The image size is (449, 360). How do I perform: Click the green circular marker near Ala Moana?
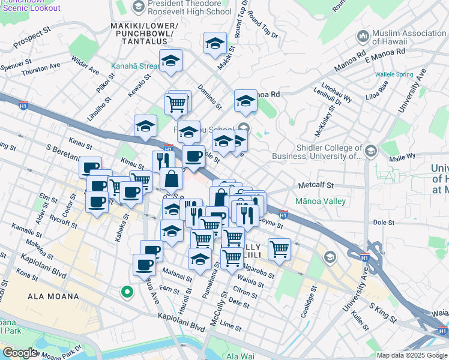[x=127, y=292]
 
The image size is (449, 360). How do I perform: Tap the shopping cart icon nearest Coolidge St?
[x=279, y=248]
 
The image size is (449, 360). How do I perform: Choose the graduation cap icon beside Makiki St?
[x=215, y=43]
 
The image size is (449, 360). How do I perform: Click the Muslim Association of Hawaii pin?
[x=362, y=37]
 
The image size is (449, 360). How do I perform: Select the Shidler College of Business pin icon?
[x=370, y=150]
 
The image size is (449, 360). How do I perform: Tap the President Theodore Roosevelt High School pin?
[x=139, y=7]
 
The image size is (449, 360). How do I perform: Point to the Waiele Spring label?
[x=394, y=74]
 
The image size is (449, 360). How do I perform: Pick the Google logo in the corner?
[x=20, y=353]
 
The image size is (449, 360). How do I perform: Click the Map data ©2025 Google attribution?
[x=411, y=355]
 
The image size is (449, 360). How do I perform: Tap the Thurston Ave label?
[x=41, y=70]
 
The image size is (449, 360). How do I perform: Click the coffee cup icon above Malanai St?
[x=144, y=265]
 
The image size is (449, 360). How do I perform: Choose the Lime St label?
[x=230, y=325]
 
